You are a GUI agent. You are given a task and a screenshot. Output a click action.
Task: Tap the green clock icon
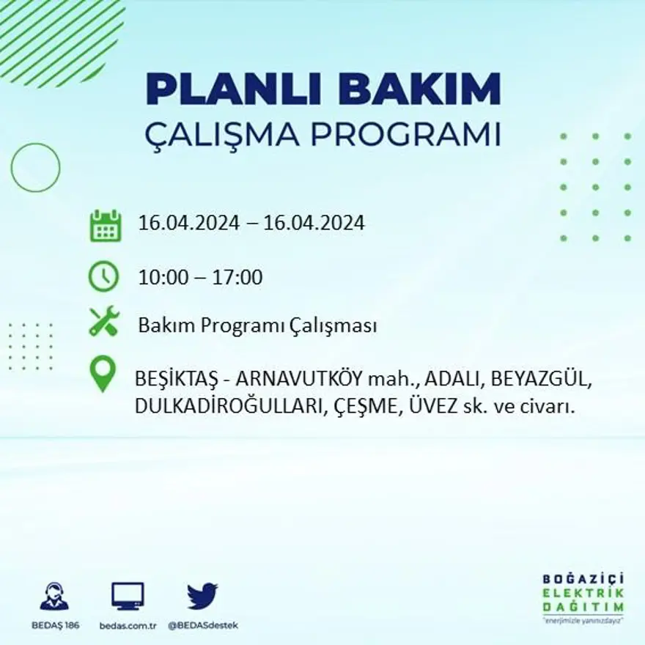pyautogui.click(x=103, y=276)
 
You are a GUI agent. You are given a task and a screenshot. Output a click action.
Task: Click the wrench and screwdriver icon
pyautogui.click(x=104, y=321)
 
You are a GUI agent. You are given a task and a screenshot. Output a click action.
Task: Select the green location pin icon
pyautogui.click(x=103, y=373)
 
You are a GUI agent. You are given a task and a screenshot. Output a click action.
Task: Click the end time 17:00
pyautogui.click(x=238, y=278)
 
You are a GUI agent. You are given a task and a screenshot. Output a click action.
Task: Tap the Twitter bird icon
pyautogui.click(x=202, y=596)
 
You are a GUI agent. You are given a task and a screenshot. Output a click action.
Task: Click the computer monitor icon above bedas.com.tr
pyautogui.click(x=128, y=596)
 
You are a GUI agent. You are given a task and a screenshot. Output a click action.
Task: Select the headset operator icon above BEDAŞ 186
pyautogui.click(x=54, y=597)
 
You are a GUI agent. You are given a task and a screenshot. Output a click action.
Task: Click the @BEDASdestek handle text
pyautogui.click(x=203, y=625)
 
